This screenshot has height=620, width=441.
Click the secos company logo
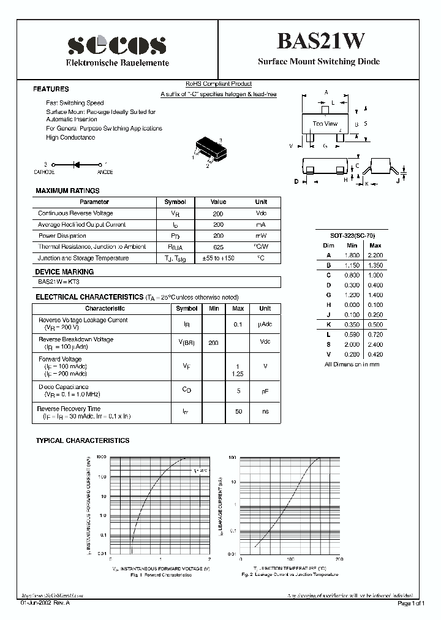[116, 45]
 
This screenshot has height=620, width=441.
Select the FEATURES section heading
[51, 89]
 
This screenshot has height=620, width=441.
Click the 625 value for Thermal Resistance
[218, 247]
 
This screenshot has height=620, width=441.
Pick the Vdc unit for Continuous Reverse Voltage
[262, 213]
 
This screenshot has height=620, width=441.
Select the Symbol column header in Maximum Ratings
[175, 202]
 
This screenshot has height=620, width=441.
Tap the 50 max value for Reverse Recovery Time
[238, 412]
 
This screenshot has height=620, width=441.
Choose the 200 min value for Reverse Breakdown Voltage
[213, 343]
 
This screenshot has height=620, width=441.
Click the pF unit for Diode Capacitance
[265, 390]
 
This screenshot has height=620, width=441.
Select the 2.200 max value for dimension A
[375, 255]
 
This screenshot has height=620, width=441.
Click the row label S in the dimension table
[328, 344]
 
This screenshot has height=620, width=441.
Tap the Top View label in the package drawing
[325, 124]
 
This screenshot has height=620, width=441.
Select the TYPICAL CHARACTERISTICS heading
[83, 440]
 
